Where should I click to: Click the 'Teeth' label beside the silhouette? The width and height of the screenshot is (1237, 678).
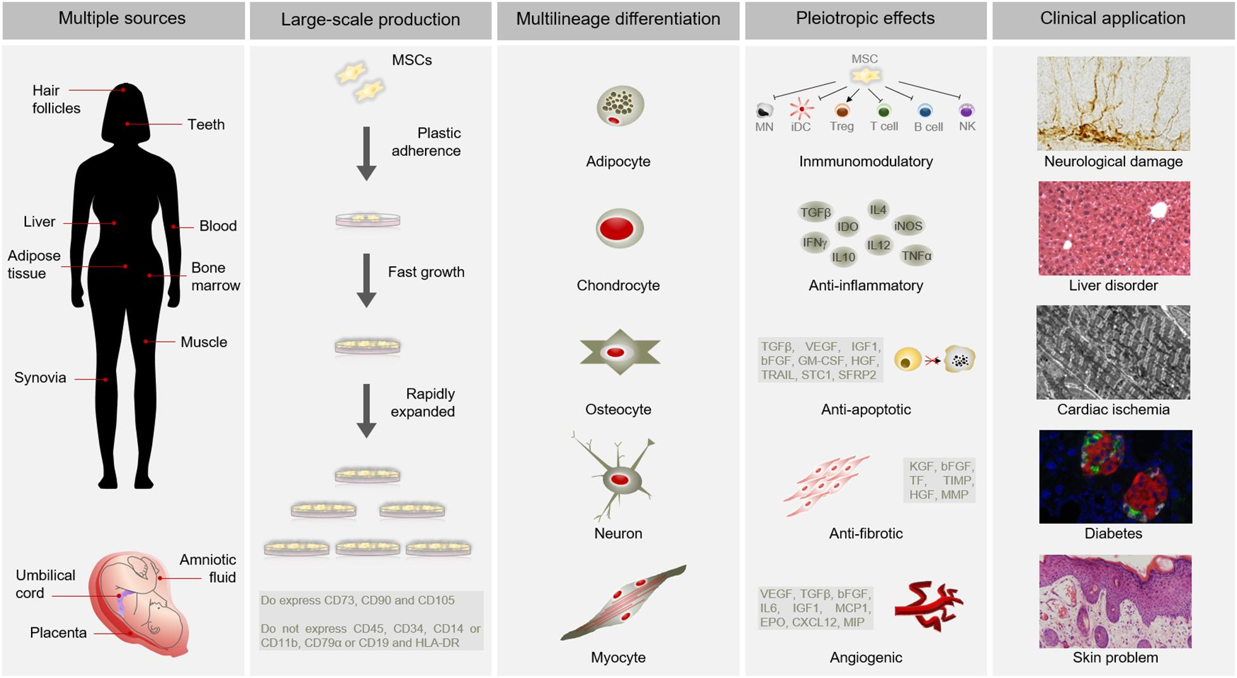[206, 125]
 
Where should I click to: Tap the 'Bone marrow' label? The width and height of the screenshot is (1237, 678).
[215, 277]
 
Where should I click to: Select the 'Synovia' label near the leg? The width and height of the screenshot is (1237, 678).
[40, 378]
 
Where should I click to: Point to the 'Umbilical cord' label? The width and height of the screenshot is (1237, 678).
[45, 584]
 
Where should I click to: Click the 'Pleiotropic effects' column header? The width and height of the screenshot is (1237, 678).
[865, 18]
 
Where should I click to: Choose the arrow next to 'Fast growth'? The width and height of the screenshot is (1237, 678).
[367, 281]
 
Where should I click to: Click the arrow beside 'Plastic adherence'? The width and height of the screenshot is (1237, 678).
[367, 153]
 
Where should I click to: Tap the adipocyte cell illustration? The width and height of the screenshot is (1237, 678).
[620, 106]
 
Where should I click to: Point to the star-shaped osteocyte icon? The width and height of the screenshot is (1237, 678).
[619, 352]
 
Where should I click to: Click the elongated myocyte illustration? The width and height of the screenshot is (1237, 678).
[623, 602]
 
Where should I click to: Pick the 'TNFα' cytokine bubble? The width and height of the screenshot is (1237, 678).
[917, 255]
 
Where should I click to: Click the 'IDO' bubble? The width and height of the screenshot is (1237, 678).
[847, 227]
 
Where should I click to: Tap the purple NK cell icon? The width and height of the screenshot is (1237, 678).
[967, 111]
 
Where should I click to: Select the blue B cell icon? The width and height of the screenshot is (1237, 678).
[925, 111]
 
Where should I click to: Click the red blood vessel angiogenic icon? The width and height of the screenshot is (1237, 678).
[928, 606]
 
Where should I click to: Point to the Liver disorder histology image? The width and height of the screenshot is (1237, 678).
[1114, 228]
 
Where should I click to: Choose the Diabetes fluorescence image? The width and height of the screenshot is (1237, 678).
[1115, 477]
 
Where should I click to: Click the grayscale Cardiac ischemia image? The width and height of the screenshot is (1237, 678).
[1113, 352]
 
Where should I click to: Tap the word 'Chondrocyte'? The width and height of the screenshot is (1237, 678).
[618, 286]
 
